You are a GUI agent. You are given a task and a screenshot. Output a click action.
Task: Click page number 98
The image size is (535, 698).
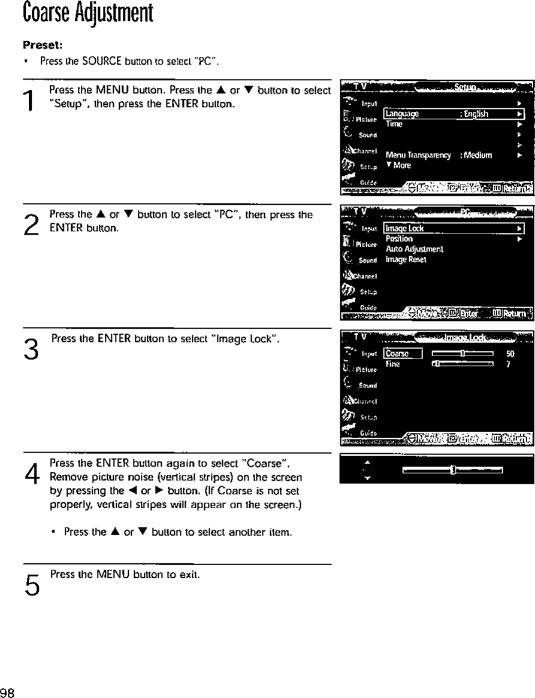point(8,693)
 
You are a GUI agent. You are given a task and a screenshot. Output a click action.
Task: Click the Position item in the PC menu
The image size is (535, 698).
point(399,238)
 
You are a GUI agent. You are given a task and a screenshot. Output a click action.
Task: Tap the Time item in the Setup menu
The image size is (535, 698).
point(393,124)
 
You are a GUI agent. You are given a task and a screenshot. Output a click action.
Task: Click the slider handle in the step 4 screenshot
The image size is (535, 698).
point(453,470)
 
